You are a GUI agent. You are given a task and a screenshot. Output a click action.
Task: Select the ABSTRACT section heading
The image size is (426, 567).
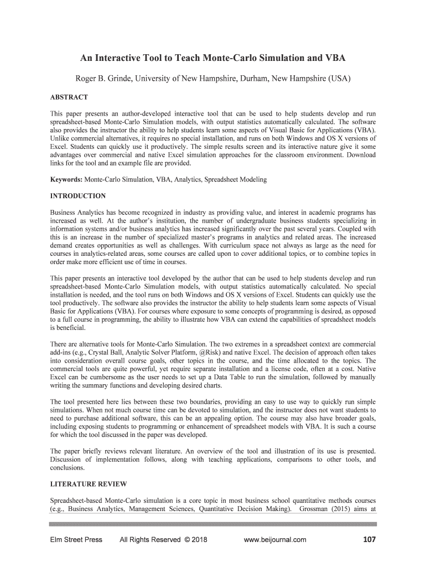(x=69, y=97)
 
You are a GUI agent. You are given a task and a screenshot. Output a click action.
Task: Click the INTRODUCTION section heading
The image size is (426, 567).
(x=78, y=196)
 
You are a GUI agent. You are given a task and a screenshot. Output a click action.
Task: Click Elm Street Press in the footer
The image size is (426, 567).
(x=75, y=540)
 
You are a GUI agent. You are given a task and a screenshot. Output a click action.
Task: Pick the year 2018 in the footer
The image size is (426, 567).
(x=198, y=540)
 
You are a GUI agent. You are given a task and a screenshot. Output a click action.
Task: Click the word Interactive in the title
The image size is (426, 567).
(x=117, y=57)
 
